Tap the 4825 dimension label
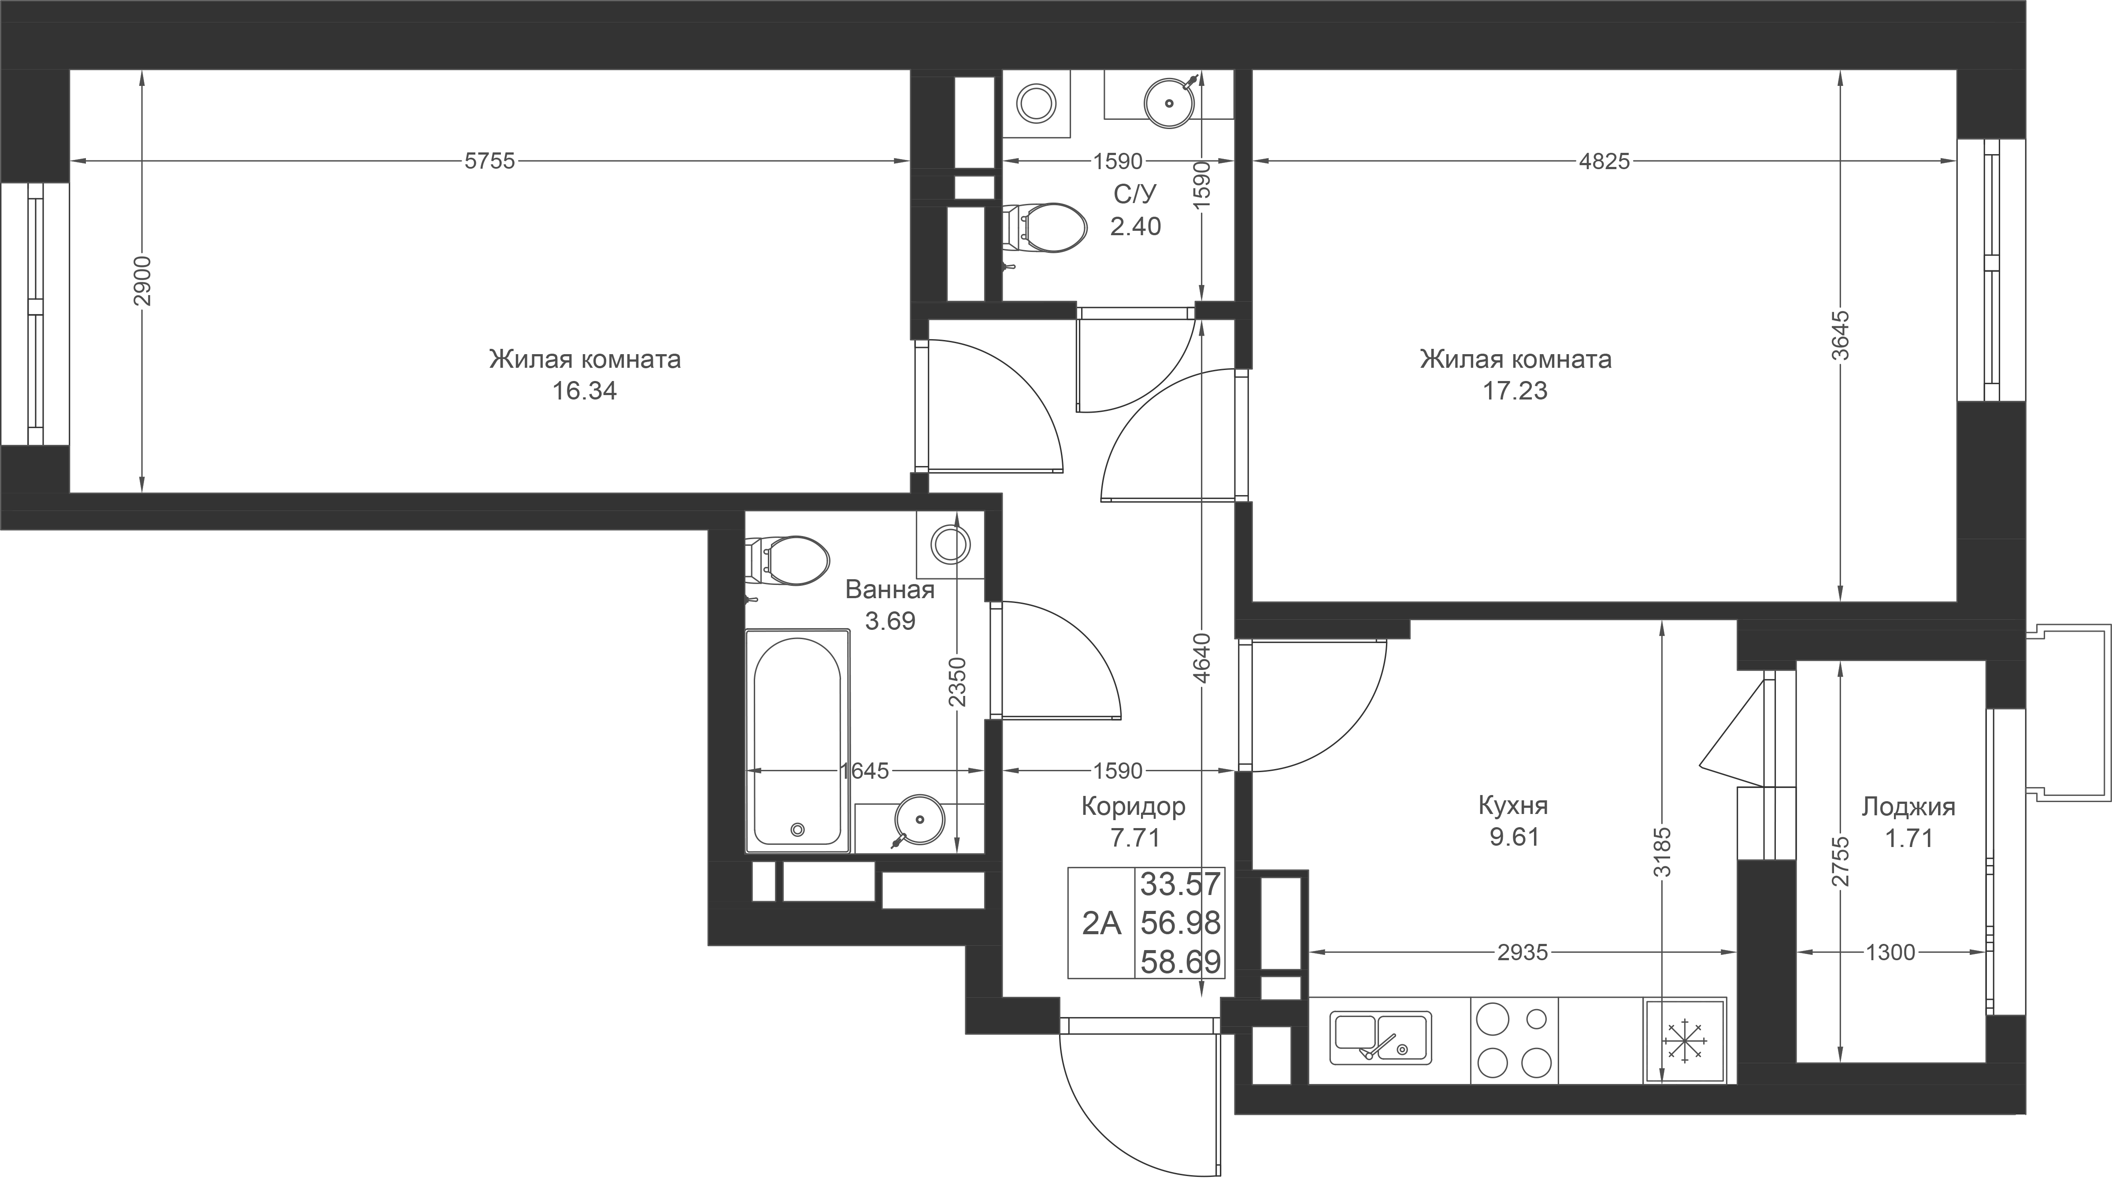[1604, 162]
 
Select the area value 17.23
[1515, 392]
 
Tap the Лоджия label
[1908, 807]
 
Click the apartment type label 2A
[1101, 924]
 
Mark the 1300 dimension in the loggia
[1891, 952]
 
